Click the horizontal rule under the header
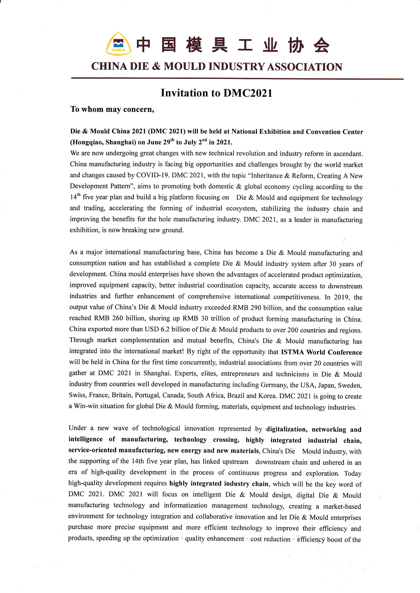pos(237,78)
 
